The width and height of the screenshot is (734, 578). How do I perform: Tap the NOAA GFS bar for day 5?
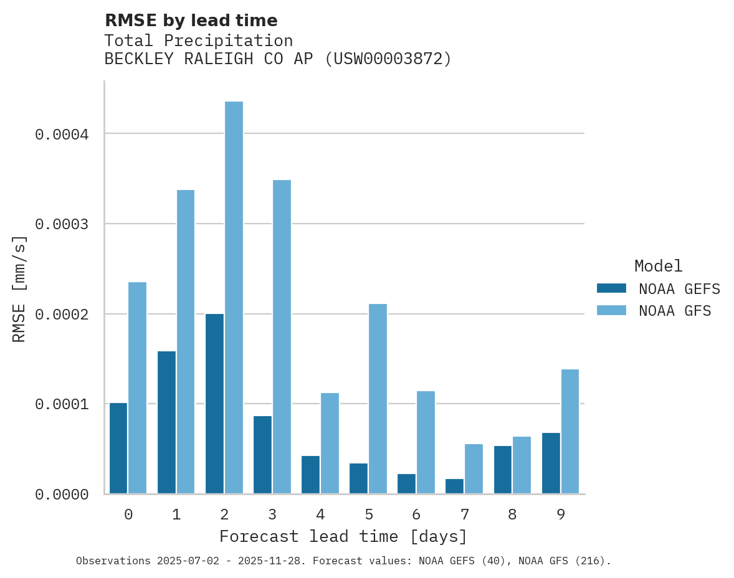point(378,399)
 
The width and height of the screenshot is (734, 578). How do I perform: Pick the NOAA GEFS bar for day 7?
point(454,486)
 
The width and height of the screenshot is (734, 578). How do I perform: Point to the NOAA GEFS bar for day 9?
point(551,463)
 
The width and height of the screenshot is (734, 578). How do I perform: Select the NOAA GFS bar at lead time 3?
point(282,337)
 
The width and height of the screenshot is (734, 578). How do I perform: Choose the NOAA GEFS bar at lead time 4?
point(310,475)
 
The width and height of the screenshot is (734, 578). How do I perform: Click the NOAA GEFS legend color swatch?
point(611,288)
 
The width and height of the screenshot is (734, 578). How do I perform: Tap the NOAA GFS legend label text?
point(675,311)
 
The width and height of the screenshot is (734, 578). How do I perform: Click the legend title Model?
point(658,266)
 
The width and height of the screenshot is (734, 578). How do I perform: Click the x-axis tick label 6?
point(416,514)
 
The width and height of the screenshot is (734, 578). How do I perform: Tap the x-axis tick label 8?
point(512,514)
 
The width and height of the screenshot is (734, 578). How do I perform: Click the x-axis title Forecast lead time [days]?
point(343,536)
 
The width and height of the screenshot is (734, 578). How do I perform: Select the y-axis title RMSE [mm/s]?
point(19,288)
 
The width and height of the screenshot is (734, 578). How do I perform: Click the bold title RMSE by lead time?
point(191,21)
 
